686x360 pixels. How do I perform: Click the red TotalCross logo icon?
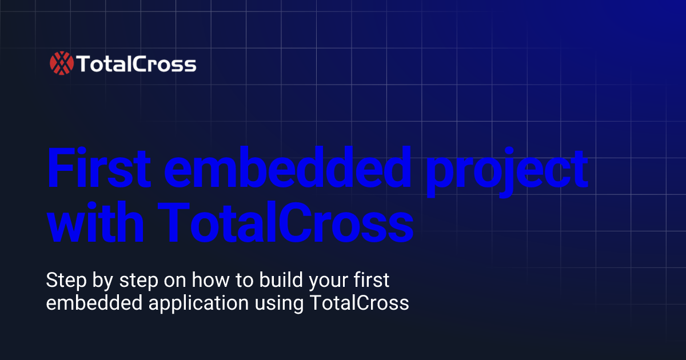coord(62,64)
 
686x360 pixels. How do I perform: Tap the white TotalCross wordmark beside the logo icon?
coord(136,65)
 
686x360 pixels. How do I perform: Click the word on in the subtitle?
coord(173,282)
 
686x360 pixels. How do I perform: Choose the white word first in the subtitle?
coord(369,281)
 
